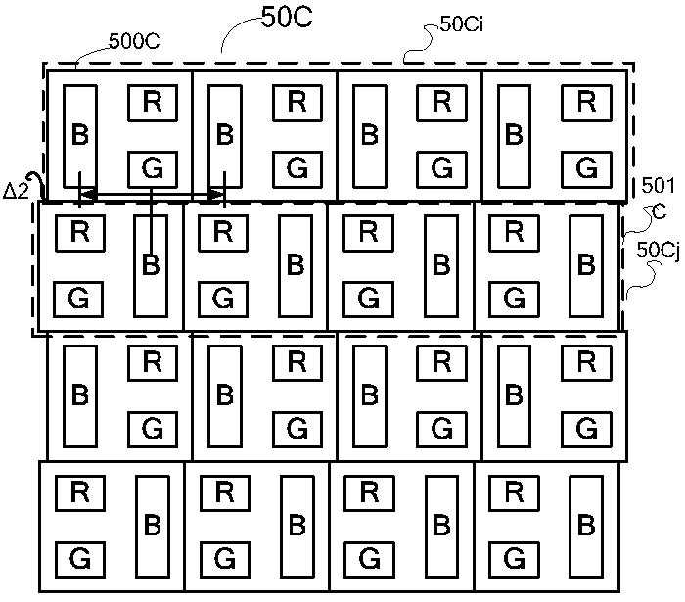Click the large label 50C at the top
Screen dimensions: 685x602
pyautogui.click(x=286, y=20)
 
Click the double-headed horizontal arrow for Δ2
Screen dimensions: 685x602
pyautogui.click(x=153, y=196)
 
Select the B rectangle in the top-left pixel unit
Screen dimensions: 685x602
pyautogui.click(x=80, y=136)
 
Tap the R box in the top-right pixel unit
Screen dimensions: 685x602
pyautogui.click(x=585, y=101)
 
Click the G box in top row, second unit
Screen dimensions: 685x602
pyautogui.click(x=297, y=168)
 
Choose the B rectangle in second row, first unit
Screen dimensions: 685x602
pyautogui.click(x=151, y=264)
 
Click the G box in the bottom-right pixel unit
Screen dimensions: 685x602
pyautogui.click(x=514, y=559)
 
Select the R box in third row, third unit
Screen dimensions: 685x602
pyautogui.click(x=441, y=361)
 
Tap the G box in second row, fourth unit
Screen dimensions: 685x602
pyautogui.click(x=514, y=297)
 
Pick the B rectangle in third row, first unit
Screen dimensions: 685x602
pyautogui.click(x=80, y=395)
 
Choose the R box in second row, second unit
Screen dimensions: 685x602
pyautogui.click(x=223, y=232)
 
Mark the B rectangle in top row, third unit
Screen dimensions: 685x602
pyautogui.click(x=369, y=136)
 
